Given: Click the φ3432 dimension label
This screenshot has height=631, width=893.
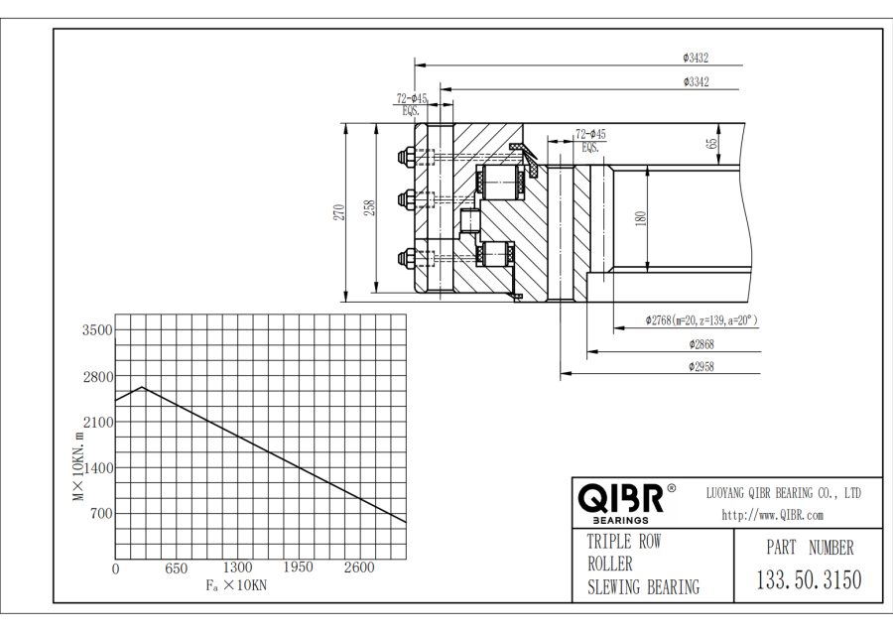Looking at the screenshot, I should click(x=695, y=58).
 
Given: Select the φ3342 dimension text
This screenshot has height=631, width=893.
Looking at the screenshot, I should click(x=695, y=82).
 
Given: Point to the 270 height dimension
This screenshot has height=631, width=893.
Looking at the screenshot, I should click(x=337, y=210).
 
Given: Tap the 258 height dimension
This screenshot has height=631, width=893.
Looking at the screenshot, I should click(x=369, y=208).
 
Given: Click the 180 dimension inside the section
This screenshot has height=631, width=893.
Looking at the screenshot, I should click(x=640, y=218).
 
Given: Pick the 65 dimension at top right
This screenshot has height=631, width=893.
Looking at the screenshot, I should click(x=712, y=143).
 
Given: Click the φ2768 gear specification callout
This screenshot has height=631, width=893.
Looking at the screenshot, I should click(x=701, y=320).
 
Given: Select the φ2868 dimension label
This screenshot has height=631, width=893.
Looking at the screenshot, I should click(x=701, y=344).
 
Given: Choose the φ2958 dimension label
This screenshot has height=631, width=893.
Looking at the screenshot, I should click(x=701, y=367).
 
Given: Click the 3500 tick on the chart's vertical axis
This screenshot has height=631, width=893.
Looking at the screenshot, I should click(x=96, y=330).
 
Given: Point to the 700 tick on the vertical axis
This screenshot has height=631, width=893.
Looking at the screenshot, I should click(x=100, y=514).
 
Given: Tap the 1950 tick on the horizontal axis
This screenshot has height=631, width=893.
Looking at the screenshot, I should click(x=298, y=568).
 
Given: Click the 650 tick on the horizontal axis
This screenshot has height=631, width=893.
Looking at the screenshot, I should click(x=176, y=568).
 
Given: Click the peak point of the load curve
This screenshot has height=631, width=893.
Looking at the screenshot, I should click(x=143, y=387).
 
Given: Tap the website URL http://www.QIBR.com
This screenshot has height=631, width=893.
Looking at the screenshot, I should click(x=773, y=515).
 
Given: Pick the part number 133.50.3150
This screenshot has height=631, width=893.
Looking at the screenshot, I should click(x=809, y=580).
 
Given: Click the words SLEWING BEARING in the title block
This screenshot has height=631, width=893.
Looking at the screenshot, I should click(x=643, y=586).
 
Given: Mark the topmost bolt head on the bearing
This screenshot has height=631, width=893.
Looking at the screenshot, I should click(x=406, y=157).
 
